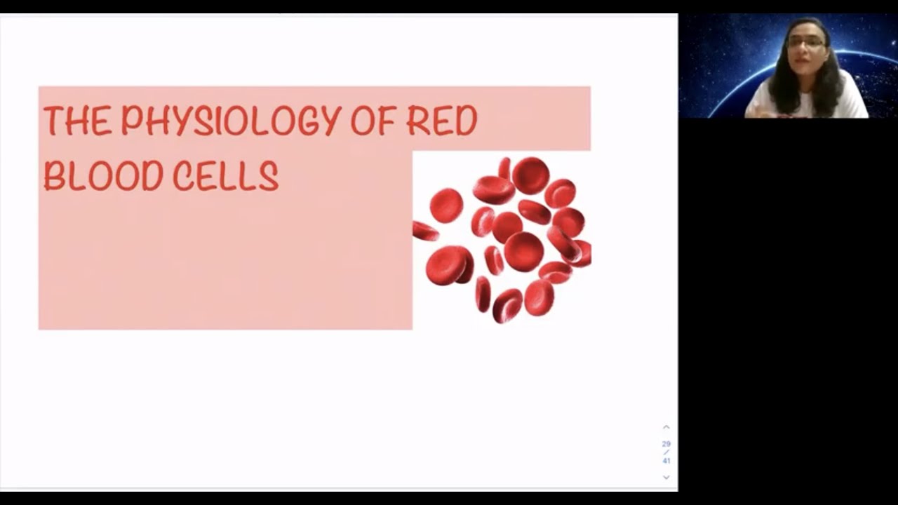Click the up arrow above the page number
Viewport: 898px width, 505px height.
pos(666,427)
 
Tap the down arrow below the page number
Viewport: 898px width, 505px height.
pos(666,478)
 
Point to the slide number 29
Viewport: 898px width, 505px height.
pos(666,444)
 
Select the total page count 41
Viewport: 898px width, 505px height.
pos(666,461)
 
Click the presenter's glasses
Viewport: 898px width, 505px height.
pos(805,43)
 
